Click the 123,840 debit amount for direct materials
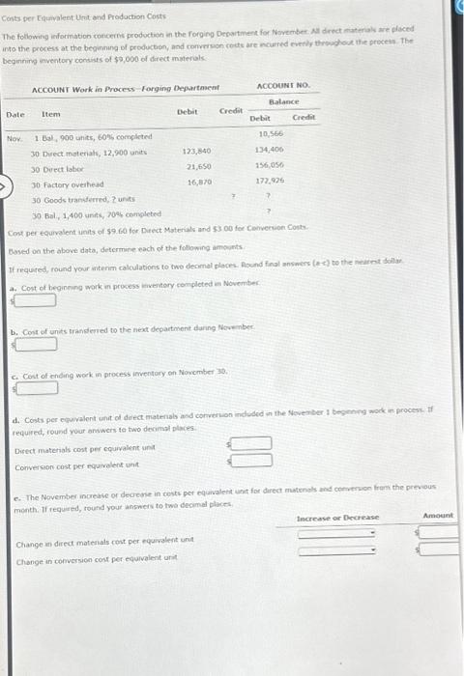click(x=196, y=152)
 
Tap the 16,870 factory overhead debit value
click(x=199, y=182)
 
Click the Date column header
click(x=15, y=114)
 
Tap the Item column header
click(x=50, y=114)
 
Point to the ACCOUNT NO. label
click(x=283, y=86)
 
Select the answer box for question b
click(x=34, y=343)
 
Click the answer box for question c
click(x=34, y=387)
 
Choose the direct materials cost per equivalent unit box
click(x=251, y=443)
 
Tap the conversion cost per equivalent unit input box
click(x=251, y=459)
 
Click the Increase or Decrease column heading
click(x=337, y=518)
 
